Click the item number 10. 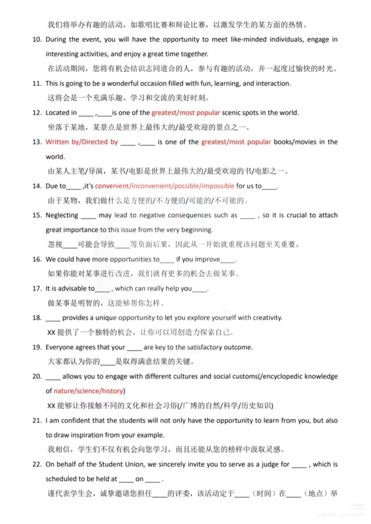pos(35,39)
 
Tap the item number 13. pos(35,142)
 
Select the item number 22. pos(35,464)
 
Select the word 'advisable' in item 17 pos(76,288)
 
